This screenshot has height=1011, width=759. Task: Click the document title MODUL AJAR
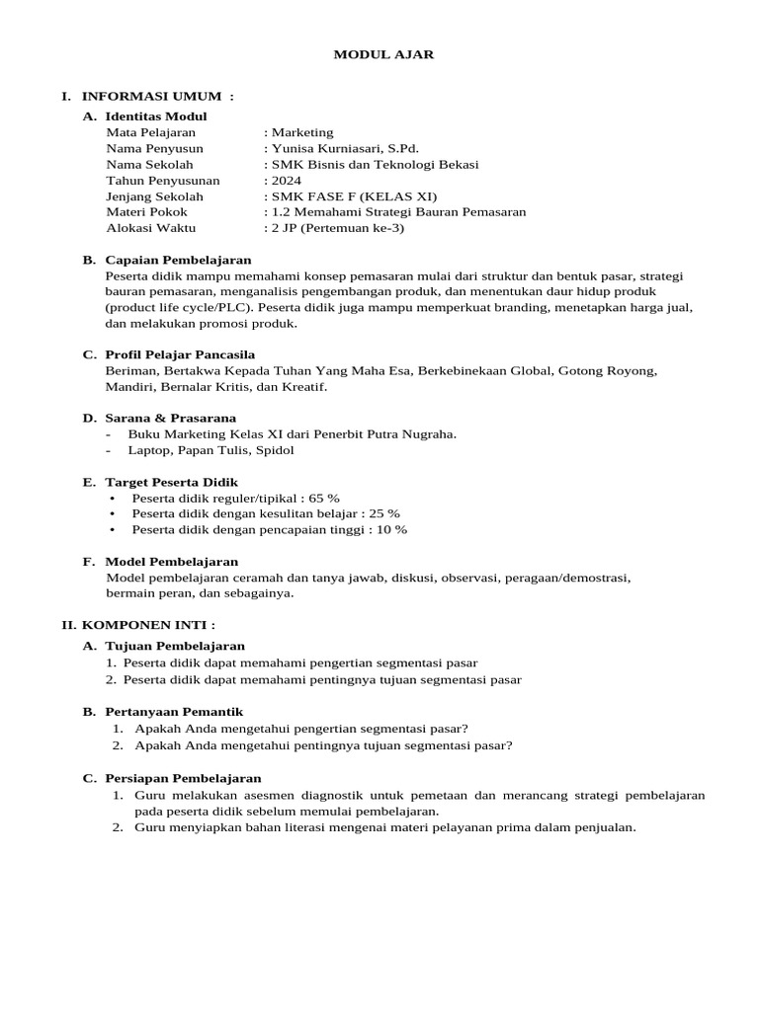[382, 54]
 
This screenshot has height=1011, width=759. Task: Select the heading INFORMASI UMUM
[157, 96]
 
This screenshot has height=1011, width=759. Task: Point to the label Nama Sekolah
[149, 165]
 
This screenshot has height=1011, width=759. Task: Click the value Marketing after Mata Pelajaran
[302, 132]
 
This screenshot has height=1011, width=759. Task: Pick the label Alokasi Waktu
[151, 228]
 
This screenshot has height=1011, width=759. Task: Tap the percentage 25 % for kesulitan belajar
[384, 513]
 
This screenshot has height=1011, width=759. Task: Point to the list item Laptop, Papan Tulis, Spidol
[211, 450]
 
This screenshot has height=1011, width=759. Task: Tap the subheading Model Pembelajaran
[172, 562]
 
